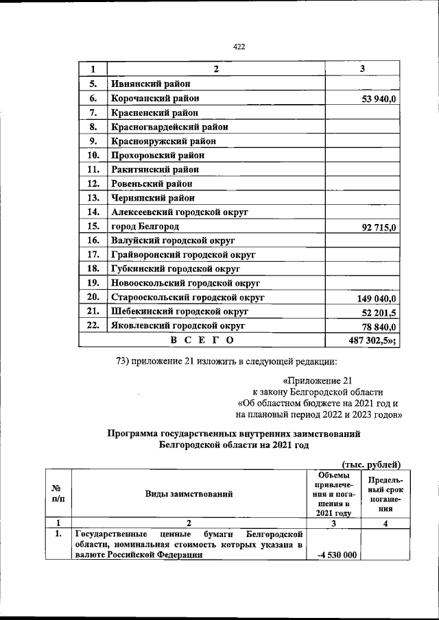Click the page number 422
click(x=239, y=47)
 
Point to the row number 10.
click(x=94, y=156)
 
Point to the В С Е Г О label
click(x=202, y=340)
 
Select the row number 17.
click(x=94, y=255)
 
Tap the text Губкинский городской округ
click(x=171, y=269)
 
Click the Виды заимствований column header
click(x=188, y=493)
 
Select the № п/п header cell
click(x=58, y=493)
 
